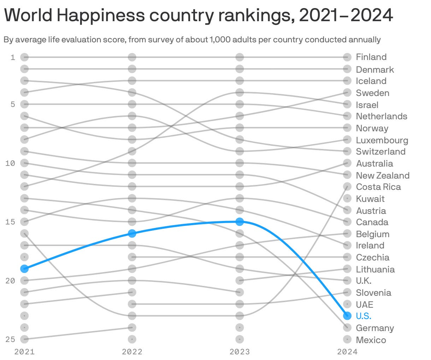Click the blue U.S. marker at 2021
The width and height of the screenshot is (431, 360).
(24, 269)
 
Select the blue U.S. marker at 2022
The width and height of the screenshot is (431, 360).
(132, 233)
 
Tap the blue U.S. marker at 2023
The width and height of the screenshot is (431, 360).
(240, 222)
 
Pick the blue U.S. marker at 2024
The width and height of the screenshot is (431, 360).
(347, 316)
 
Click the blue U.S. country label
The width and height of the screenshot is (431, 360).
(364, 316)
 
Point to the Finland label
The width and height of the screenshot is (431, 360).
(371, 57)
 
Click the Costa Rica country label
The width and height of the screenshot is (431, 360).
(378, 187)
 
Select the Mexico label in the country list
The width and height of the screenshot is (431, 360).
(371, 340)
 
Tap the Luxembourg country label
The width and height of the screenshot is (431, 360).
(382, 140)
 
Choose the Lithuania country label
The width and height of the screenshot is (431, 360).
(375, 269)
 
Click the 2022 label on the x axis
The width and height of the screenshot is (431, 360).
(132, 352)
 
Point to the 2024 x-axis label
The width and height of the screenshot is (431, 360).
(347, 352)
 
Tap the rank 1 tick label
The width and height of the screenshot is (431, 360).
(13, 57)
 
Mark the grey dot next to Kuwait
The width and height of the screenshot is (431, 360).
(347, 198)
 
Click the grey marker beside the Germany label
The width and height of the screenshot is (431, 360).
(347, 328)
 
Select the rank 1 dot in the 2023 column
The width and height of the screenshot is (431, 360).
(240, 57)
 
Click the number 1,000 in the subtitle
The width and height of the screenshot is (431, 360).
(220, 40)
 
